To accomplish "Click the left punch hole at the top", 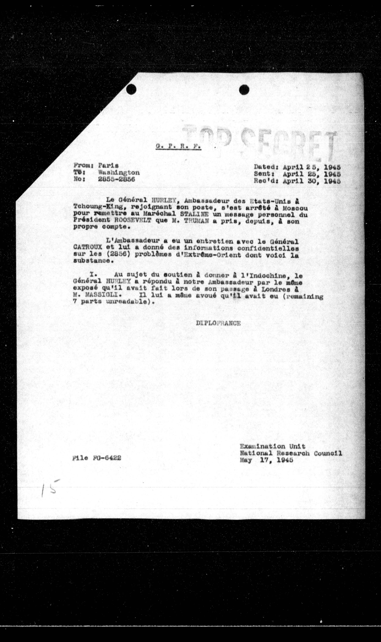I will point(131,89).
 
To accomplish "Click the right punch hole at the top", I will point(244,90).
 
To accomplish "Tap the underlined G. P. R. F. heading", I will point(178,146).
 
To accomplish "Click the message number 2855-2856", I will point(116,179).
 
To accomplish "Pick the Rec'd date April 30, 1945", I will point(312,181).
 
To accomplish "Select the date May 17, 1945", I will point(266,460).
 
